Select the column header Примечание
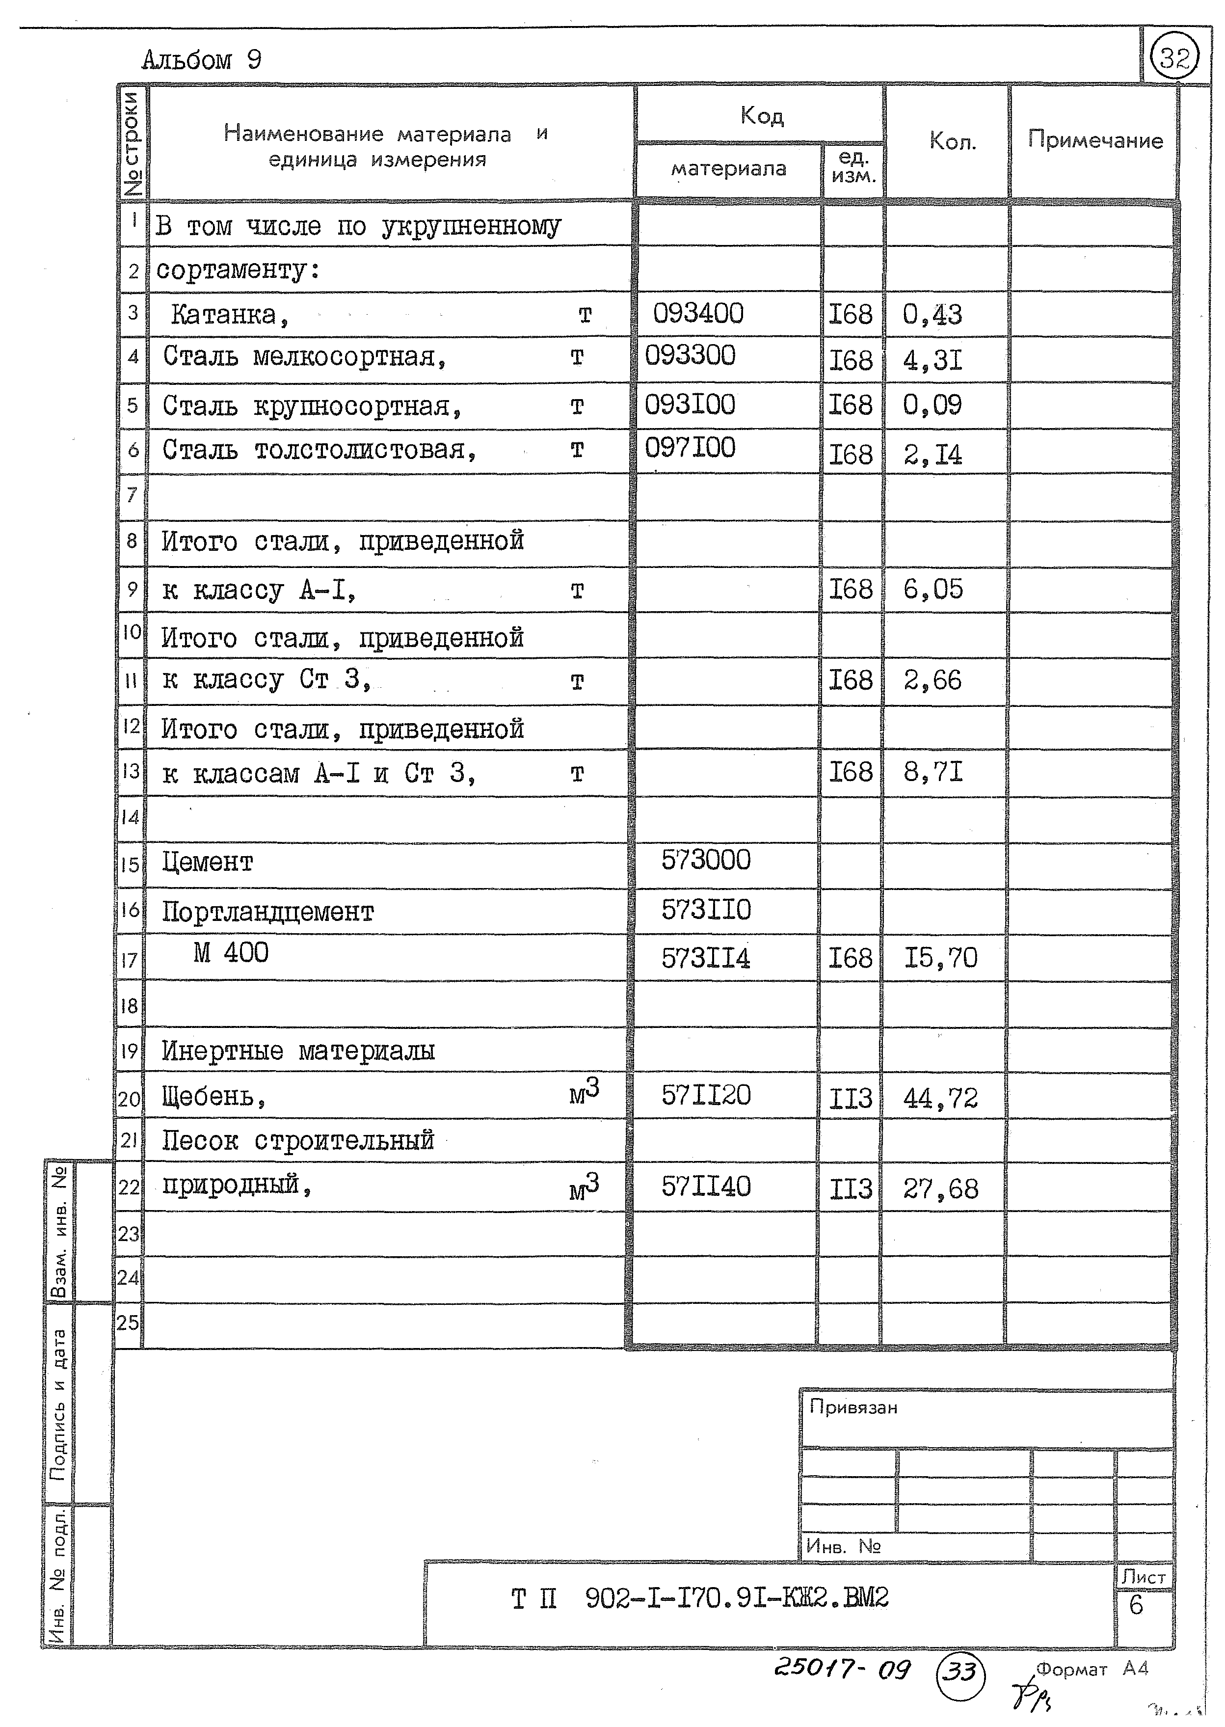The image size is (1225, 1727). point(1094,140)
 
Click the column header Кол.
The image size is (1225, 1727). point(952,141)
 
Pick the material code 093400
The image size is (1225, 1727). point(698,313)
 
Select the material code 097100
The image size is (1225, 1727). point(690,448)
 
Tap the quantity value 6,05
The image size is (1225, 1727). point(933,589)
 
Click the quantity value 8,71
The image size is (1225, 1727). point(933,772)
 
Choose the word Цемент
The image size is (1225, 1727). point(208,862)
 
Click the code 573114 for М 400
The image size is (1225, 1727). point(706,958)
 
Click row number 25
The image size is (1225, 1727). point(128,1322)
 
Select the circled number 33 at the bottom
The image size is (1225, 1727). point(960,1672)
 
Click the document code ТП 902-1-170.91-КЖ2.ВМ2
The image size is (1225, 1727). point(699,1597)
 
